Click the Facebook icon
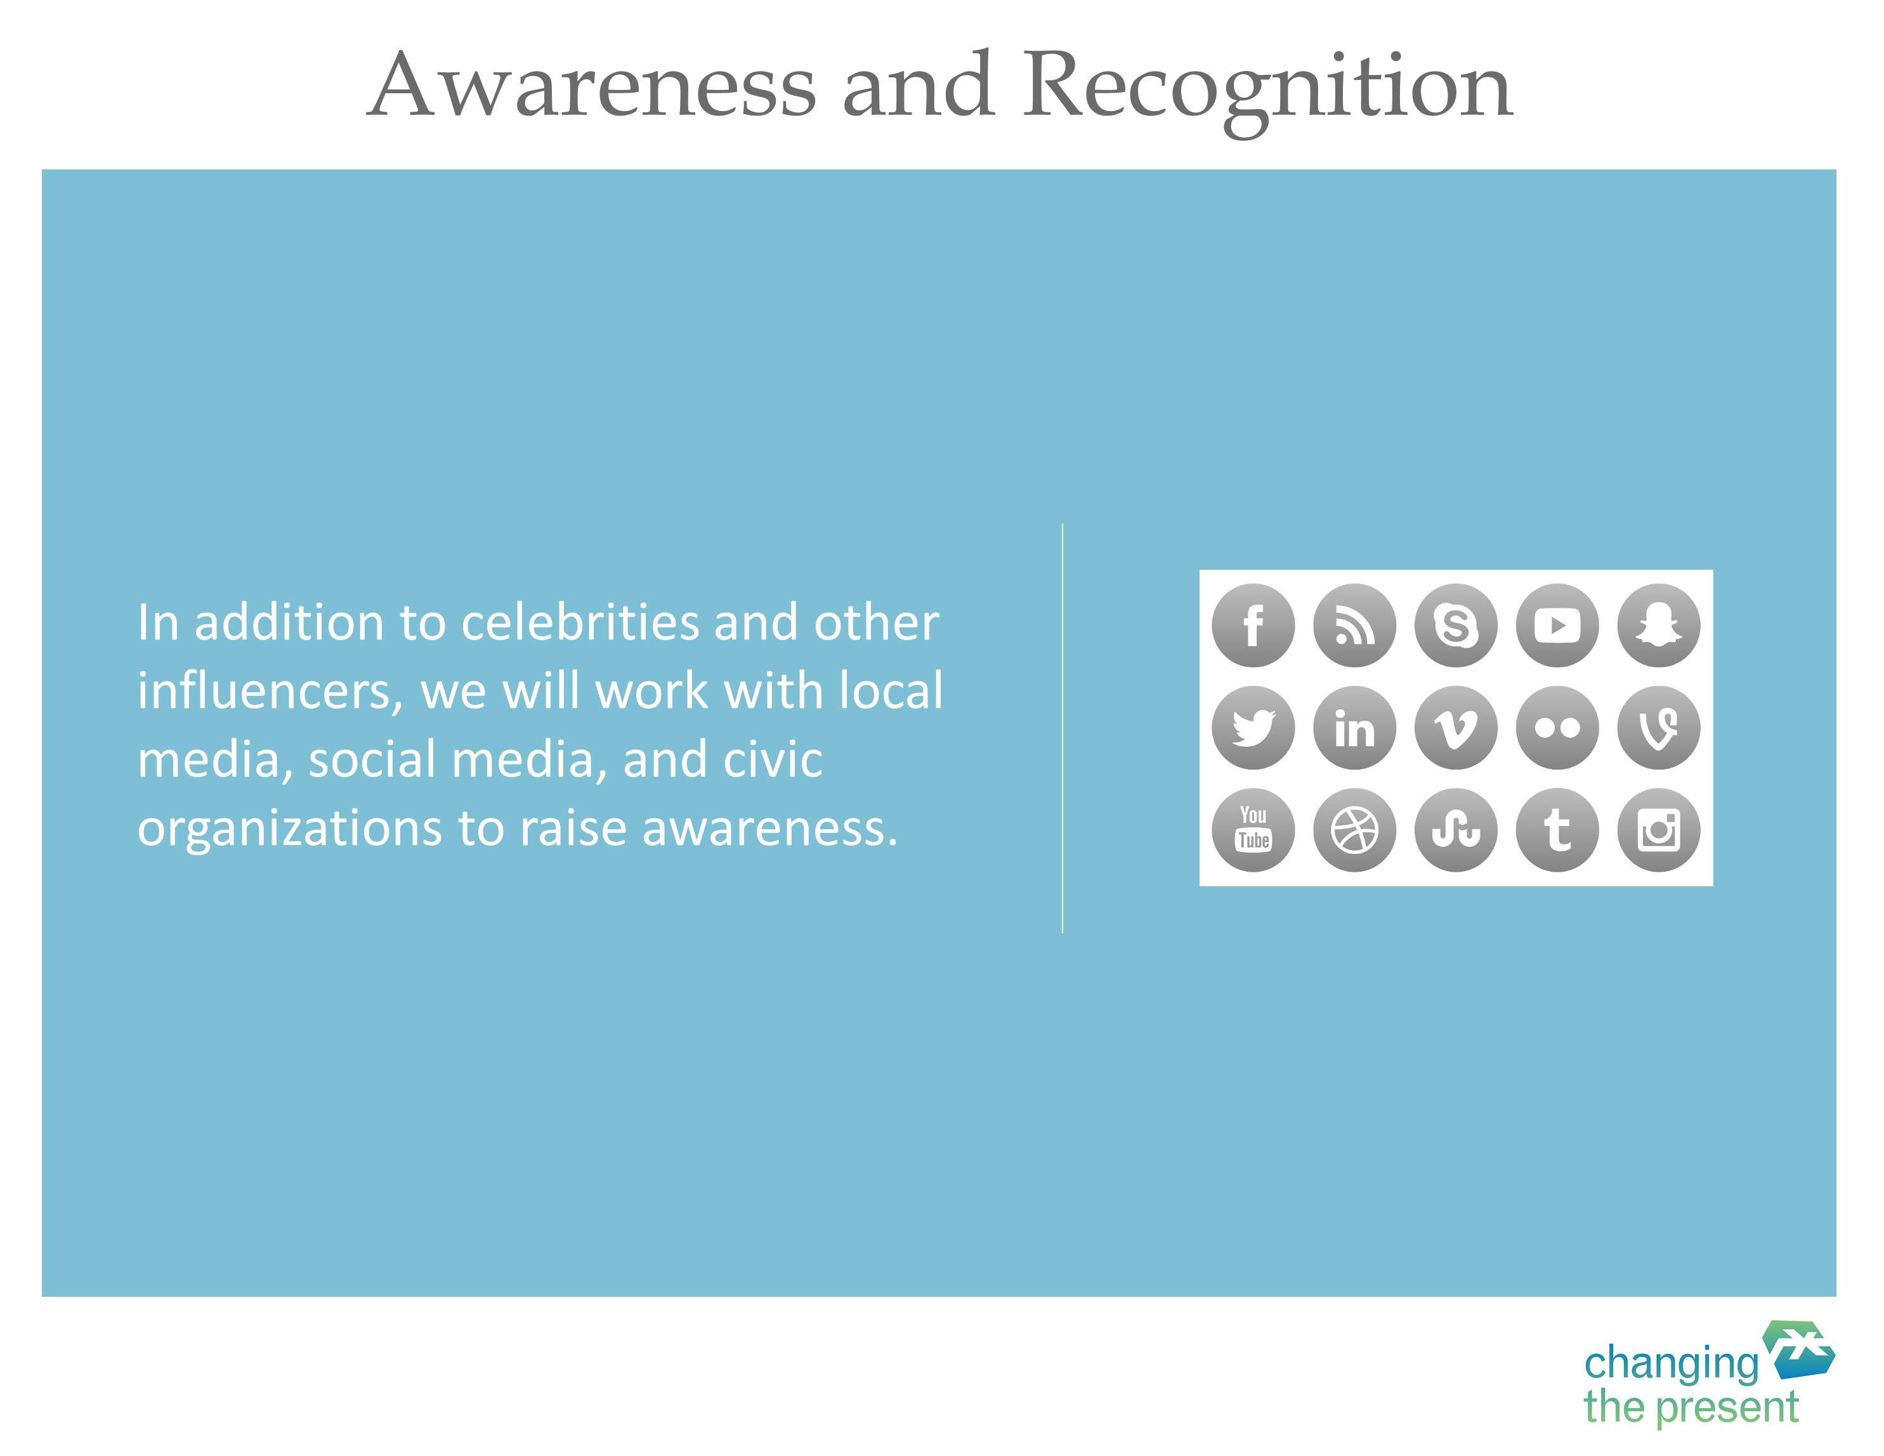1253,626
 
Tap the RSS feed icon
1354,626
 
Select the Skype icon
1456,626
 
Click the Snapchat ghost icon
1659,626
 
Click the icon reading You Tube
1253,830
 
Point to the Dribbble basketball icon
1354,830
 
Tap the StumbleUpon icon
1456,830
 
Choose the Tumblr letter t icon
1558,830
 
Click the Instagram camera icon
1659,830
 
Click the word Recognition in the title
1267,88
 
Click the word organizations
291,830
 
